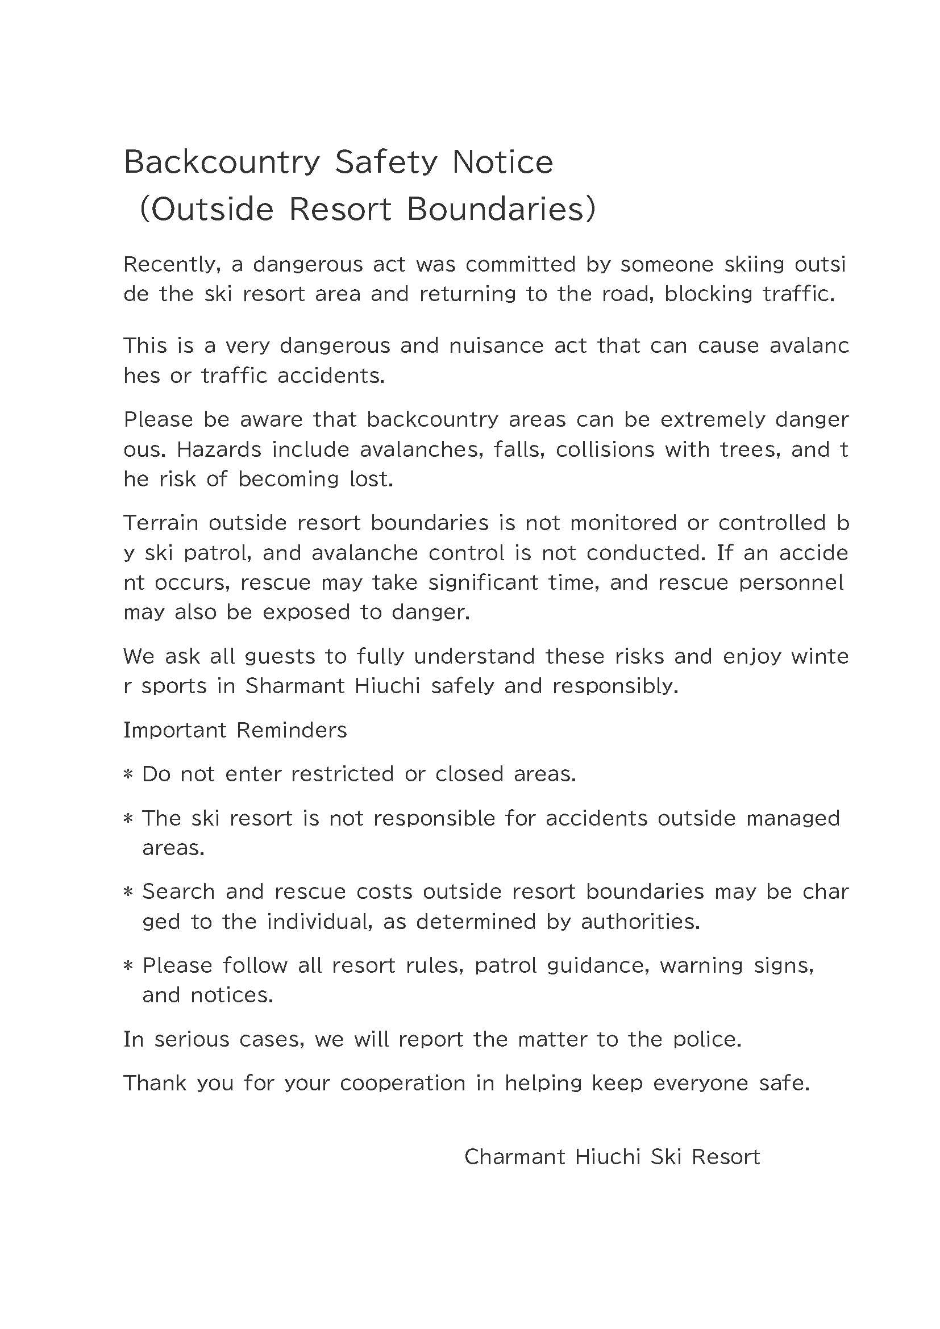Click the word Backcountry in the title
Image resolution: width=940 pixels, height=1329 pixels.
click(x=222, y=163)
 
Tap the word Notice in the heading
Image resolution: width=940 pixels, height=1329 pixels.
click(x=502, y=162)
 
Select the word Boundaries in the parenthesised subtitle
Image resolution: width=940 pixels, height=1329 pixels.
click(x=496, y=209)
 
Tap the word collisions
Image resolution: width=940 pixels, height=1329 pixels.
click(x=604, y=449)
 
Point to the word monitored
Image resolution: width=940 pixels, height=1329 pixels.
click(x=623, y=523)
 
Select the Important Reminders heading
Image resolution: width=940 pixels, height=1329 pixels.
click(x=235, y=731)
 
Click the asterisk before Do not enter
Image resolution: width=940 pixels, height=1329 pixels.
click(x=128, y=775)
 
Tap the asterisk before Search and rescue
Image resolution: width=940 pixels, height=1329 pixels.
click(x=128, y=893)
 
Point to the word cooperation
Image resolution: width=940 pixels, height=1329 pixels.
click(x=403, y=1084)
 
